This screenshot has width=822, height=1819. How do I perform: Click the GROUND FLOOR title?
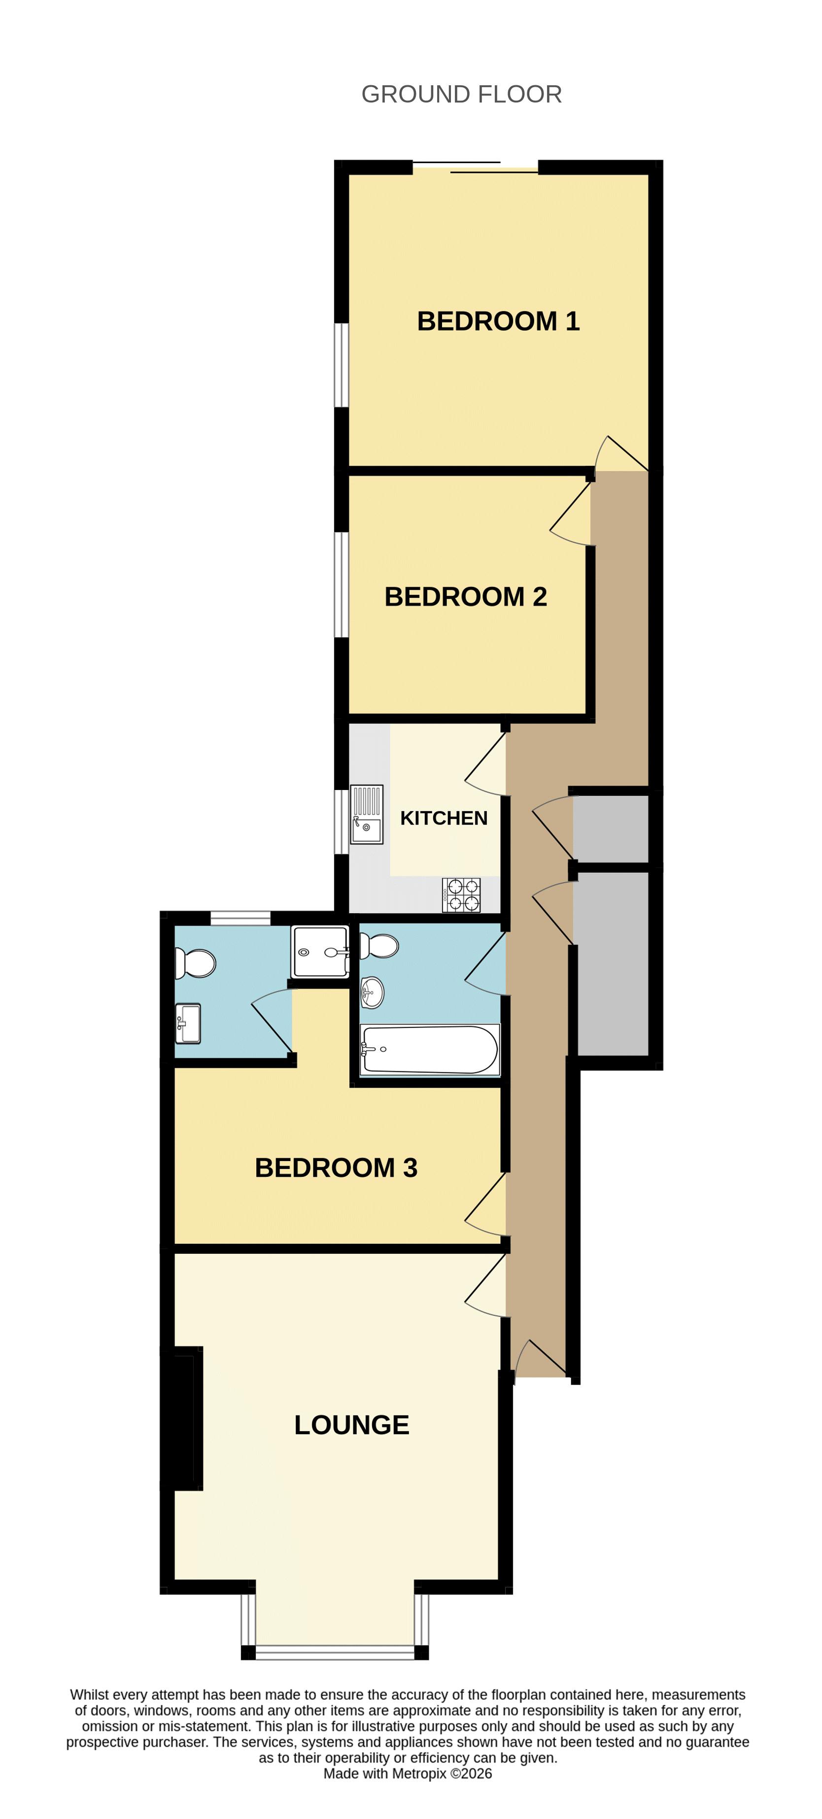(461, 94)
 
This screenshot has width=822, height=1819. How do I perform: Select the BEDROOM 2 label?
(465, 597)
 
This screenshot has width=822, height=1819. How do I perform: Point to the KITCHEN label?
(444, 818)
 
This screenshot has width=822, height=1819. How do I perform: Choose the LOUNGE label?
(352, 1424)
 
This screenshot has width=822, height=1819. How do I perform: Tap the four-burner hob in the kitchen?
(461, 894)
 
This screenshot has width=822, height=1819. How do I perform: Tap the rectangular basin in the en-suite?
(189, 1023)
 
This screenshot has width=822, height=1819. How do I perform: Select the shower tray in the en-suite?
(320, 952)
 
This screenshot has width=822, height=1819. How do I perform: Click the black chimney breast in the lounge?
(181, 1419)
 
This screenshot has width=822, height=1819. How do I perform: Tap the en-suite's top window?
(240, 918)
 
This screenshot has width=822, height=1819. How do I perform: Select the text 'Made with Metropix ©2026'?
(408, 1773)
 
